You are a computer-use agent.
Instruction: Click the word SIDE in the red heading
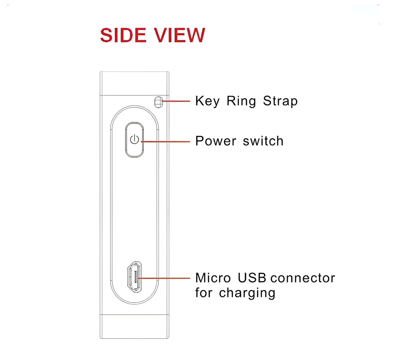123,35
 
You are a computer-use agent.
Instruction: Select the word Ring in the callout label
241,101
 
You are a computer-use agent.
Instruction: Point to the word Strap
280,101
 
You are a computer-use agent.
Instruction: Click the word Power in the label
216,141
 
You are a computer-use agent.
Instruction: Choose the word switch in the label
263,141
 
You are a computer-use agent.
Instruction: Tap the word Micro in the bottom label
213,278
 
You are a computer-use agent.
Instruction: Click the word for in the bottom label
204,293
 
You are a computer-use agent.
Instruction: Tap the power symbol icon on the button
134,139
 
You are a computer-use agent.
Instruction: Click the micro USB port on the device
135,277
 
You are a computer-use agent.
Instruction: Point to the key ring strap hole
159,102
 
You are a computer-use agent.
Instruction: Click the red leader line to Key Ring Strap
176,101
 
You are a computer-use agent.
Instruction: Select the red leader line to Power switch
166,141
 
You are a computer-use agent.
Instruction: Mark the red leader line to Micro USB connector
164,278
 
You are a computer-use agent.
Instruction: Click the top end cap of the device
134,83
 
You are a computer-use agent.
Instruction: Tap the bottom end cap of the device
134,327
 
